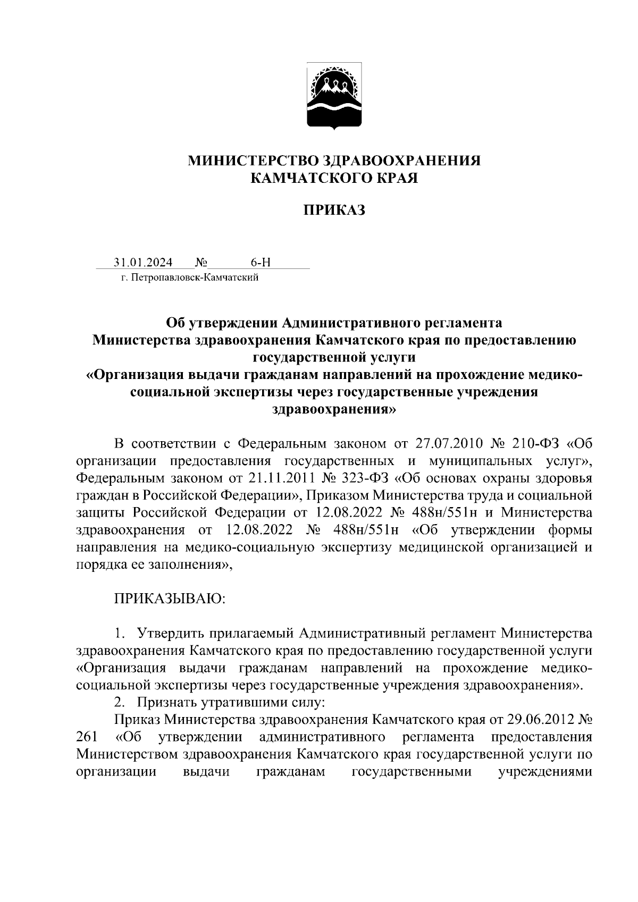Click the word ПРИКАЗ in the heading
click(334, 210)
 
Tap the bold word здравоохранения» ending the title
click(334, 410)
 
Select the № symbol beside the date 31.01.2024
click(201, 263)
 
